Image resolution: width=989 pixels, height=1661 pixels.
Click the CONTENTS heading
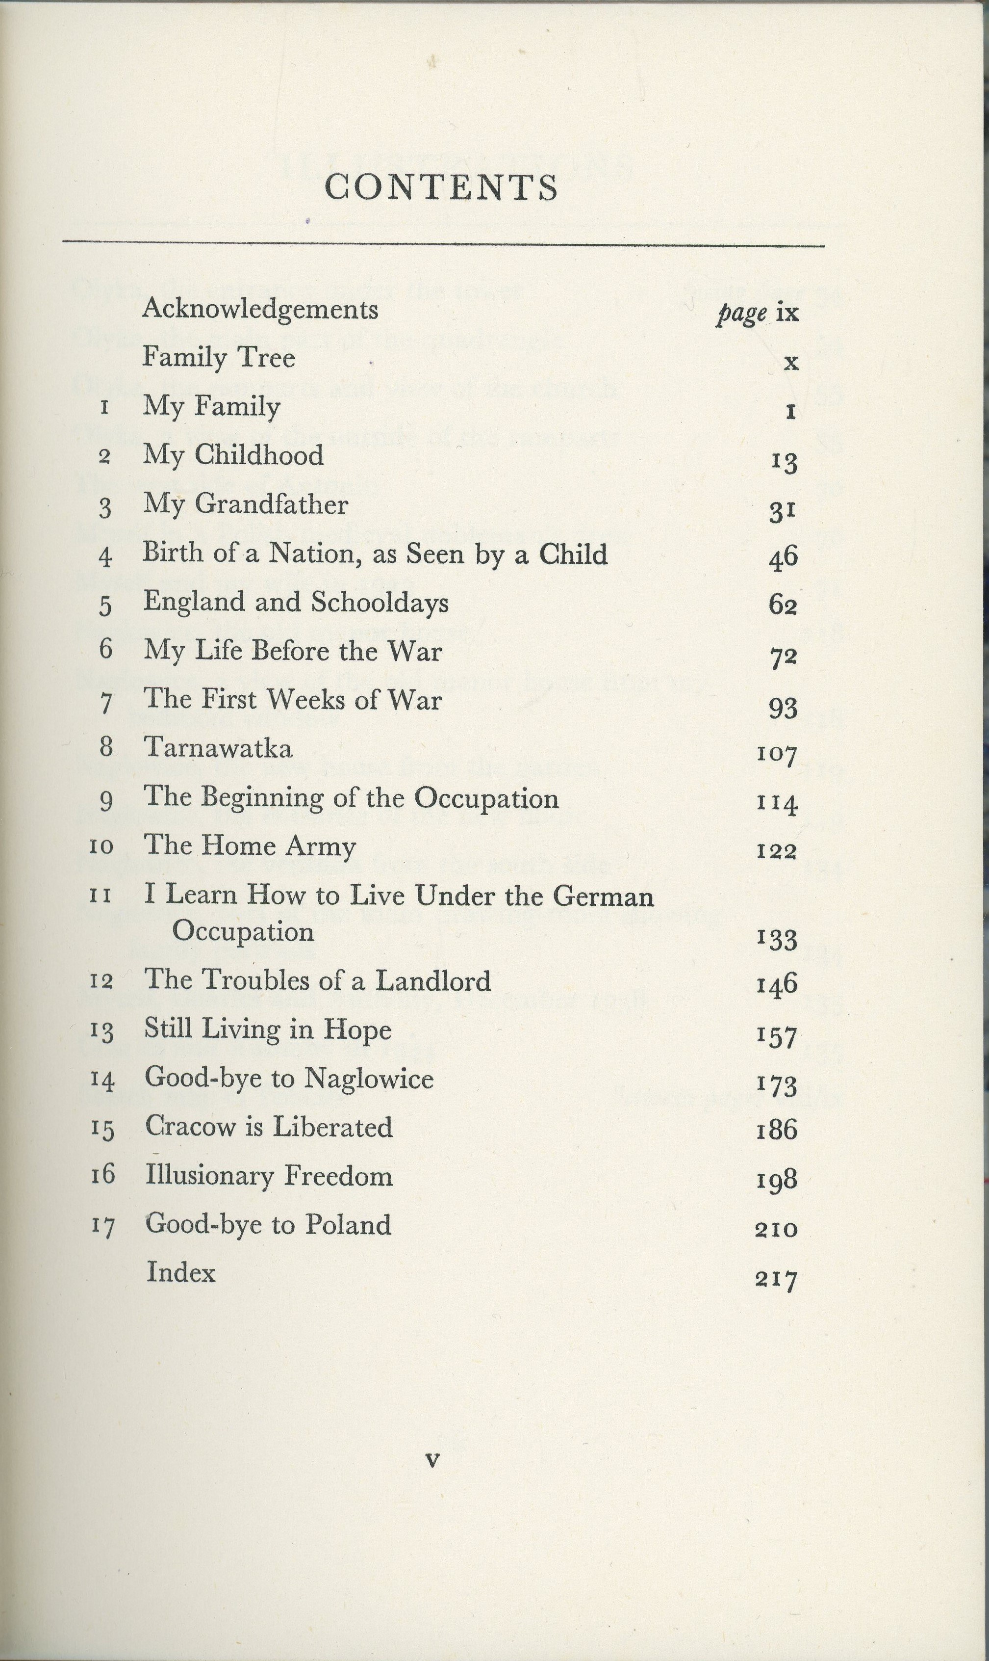click(441, 187)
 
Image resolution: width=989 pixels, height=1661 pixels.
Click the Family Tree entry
click(219, 358)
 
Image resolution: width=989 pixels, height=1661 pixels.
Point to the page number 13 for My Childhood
click(784, 461)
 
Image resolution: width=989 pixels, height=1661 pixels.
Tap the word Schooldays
click(379, 602)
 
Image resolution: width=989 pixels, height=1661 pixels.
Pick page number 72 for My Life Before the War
click(783, 657)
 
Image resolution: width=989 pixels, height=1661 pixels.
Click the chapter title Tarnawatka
click(218, 748)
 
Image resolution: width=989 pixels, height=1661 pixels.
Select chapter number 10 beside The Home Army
click(101, 847)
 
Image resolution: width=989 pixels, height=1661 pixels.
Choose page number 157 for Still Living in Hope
click(777, 1037)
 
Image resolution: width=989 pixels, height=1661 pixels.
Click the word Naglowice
click(374, 1078)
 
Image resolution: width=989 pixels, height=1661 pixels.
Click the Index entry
click(180, 1272)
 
